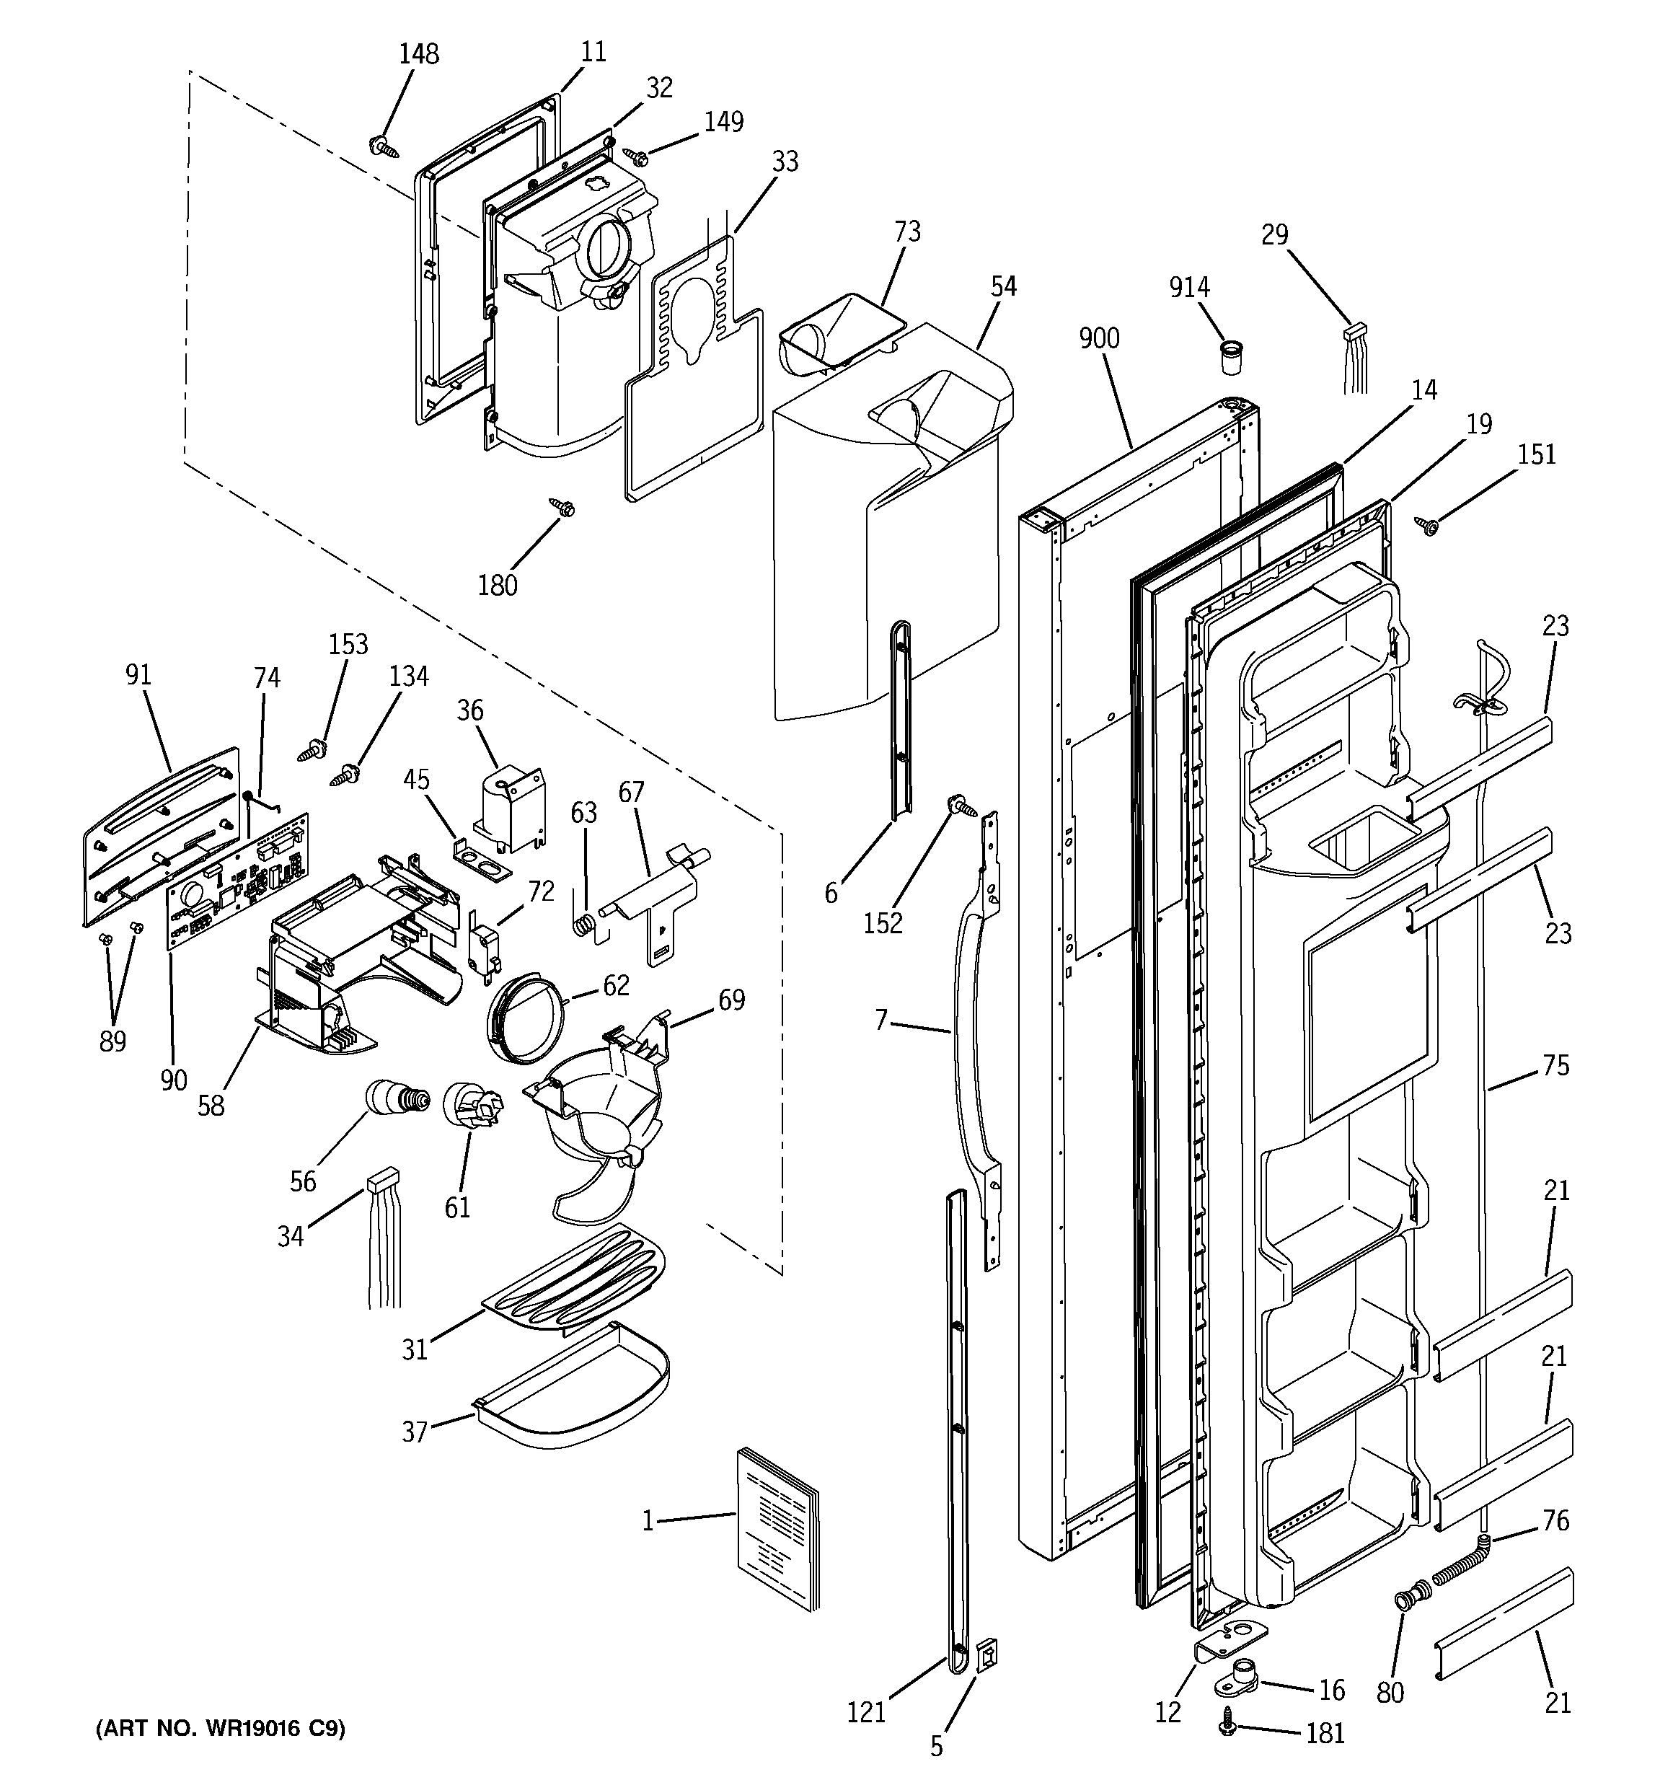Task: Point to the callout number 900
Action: [x=1098, y=338]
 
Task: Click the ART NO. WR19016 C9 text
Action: [x=221, y=1727]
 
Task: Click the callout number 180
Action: [x=497, y=586]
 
